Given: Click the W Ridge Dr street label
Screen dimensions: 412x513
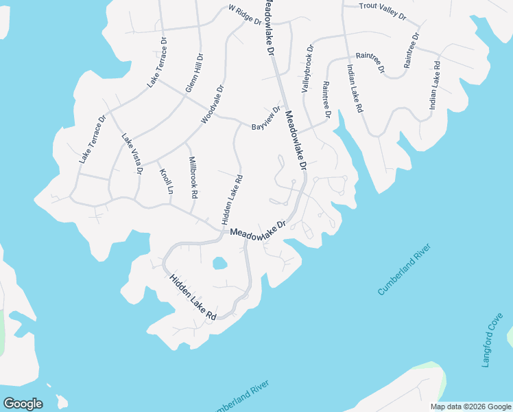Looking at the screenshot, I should click(245, 15).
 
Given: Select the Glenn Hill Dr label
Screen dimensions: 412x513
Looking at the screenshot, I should click(194, 74).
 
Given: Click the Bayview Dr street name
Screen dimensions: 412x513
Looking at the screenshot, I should click(266, 119).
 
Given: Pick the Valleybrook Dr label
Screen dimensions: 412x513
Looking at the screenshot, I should click(307, 69).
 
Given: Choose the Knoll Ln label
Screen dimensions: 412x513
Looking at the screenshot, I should click(165, 181).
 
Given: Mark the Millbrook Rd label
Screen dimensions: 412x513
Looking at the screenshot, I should click(193, 176).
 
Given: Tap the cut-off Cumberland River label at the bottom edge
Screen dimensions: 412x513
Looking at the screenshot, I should click(238, 398).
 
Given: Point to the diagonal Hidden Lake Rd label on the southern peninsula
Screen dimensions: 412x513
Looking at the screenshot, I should click(193, 297).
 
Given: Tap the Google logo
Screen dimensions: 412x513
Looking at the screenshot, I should click(23, 403).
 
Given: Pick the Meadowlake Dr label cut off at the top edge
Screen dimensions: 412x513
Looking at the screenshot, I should click(267, 26).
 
